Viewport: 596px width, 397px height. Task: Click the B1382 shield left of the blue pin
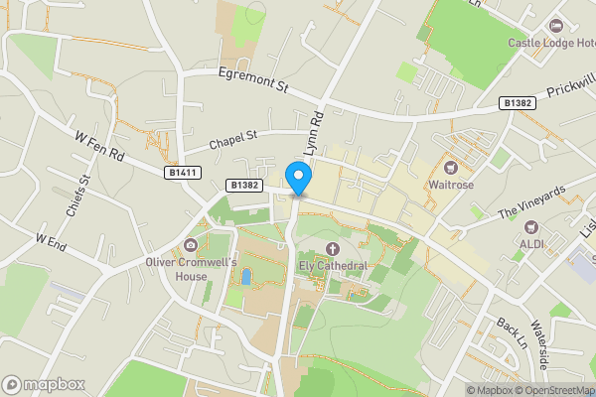243,185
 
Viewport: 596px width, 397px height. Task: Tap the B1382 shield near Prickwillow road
518,102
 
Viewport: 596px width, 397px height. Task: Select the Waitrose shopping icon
450,167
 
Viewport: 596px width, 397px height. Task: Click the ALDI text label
530,241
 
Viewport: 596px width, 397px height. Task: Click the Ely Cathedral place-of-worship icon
332,249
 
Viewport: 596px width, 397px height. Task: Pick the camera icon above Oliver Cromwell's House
191,245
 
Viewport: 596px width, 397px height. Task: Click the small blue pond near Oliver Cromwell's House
245,276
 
